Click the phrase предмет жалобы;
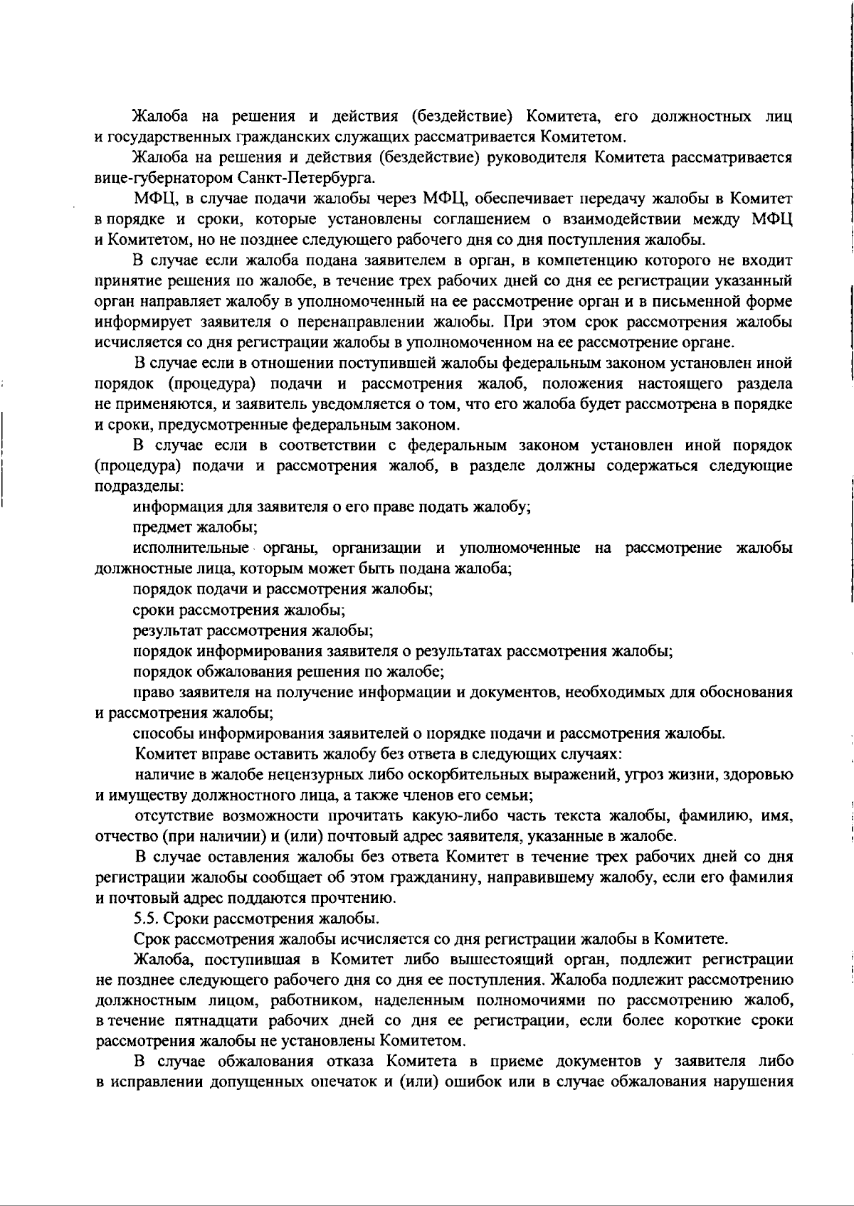[196, 528]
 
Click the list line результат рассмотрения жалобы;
[253, 630]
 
